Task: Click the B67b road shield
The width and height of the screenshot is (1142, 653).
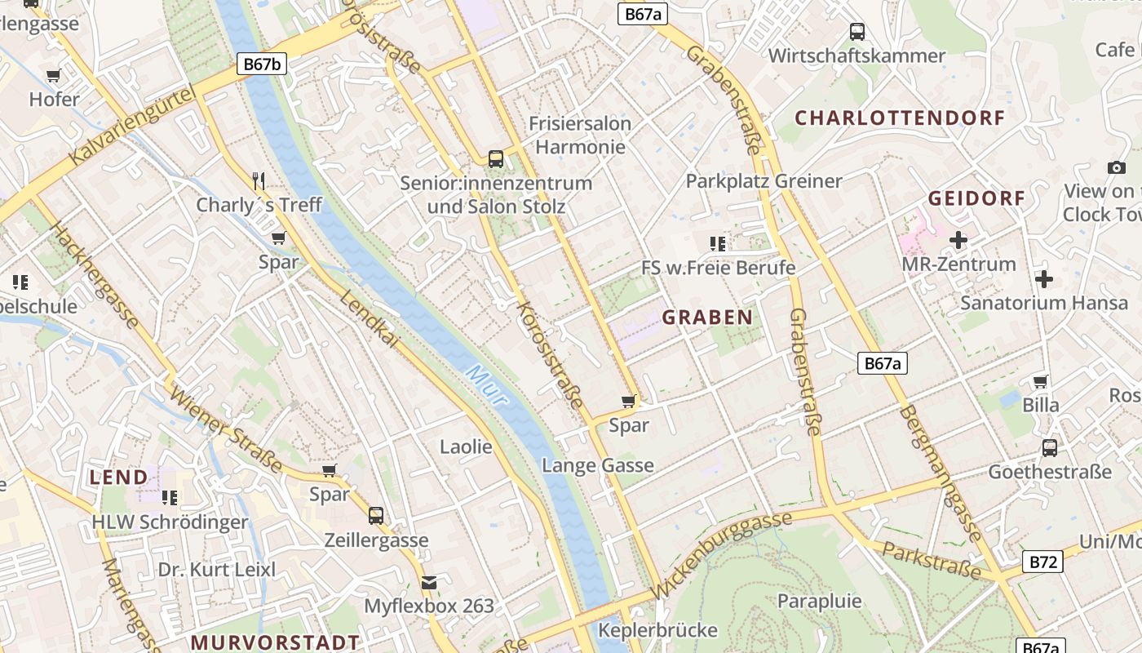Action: [262, 64]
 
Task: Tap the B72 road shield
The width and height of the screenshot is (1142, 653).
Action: [1042, 562]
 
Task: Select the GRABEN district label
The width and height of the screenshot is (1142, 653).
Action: [707, 318]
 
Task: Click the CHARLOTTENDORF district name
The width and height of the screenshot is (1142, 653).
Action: [900, 118]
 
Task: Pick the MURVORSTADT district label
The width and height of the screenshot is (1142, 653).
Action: [275, 642]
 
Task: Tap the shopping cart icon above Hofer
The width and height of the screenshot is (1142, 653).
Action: [54, 76]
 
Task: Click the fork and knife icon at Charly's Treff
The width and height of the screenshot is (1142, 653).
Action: [259, 180]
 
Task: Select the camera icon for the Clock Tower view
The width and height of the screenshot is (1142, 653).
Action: [1116, 167]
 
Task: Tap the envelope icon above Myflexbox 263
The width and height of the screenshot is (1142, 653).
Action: [429, 583]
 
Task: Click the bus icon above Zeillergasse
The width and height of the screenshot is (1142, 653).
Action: [376, 516]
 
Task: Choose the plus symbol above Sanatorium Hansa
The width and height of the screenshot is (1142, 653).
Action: [1043, 279]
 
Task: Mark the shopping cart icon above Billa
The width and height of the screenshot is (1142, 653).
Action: [1041, 381]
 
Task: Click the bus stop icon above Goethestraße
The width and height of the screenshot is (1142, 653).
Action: [1050, 448]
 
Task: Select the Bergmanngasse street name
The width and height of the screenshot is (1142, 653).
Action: [940, 473]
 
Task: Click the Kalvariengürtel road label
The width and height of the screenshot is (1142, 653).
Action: [135, 127]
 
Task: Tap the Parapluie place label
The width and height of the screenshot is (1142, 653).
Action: [819, 602]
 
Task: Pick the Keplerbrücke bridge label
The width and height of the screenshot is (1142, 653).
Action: [657, 630]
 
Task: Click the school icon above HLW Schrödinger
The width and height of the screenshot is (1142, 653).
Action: [170, 497]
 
